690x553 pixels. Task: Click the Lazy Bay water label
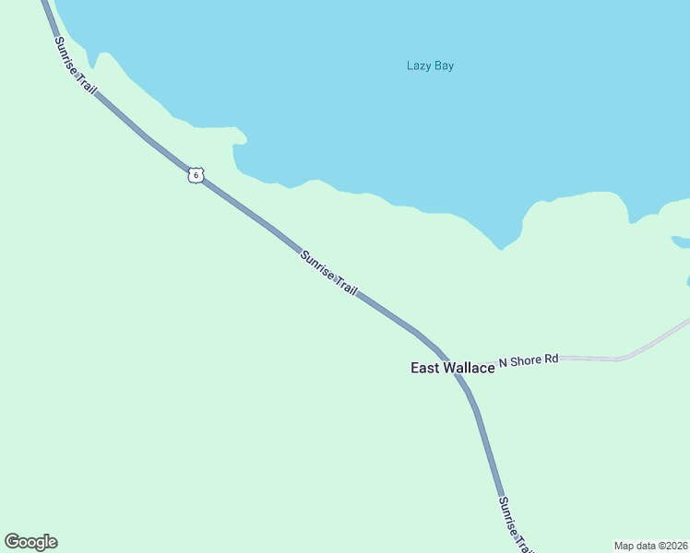430,65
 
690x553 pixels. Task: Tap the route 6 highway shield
194,174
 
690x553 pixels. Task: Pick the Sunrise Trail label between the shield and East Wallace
328,272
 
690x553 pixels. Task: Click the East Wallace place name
452,368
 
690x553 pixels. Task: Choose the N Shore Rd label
529,359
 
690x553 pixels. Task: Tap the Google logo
30,542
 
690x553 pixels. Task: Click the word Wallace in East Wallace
469,368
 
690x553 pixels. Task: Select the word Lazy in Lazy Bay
419,65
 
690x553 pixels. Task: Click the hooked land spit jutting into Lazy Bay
239,139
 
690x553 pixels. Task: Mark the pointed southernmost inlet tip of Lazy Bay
501,248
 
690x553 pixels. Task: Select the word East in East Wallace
424,368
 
